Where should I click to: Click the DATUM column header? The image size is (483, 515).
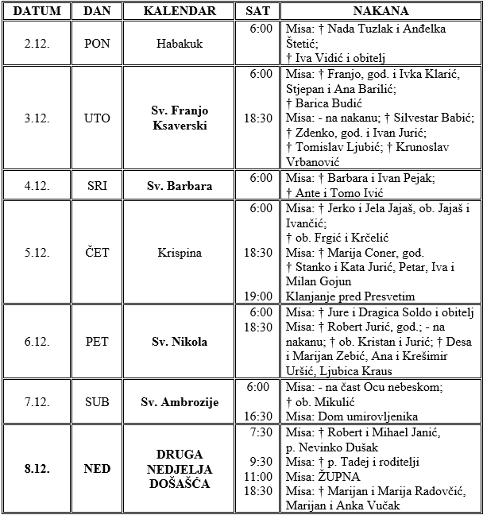[x=37, y=11]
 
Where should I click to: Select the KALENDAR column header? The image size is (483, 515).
[x=180, y=11]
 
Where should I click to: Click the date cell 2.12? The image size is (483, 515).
[x=37, y=43]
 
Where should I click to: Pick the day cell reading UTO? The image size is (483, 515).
[x=97, y=118]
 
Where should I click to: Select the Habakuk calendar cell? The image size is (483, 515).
[x=180, y=43]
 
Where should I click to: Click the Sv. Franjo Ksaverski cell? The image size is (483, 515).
[x=180, y=118]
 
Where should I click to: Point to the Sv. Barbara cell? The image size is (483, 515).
[x=180, y=186]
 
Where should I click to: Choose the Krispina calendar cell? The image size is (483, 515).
[x=180, y=253]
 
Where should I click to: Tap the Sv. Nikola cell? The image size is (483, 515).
[x=180, y=342]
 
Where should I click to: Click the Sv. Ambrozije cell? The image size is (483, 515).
[x=180, y=402]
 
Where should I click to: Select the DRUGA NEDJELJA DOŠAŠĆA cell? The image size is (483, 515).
[x=180, y=468]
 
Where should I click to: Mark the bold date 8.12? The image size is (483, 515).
[x=37, y=469]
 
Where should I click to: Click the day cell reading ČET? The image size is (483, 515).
[x=97, y=253]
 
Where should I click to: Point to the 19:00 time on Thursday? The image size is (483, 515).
[x=259, y=295]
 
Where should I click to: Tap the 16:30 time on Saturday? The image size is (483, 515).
[x=259, y=416]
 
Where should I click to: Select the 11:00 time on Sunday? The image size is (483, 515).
[x=259, y=476]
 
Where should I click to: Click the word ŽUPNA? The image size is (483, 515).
[x=338, y=476]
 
